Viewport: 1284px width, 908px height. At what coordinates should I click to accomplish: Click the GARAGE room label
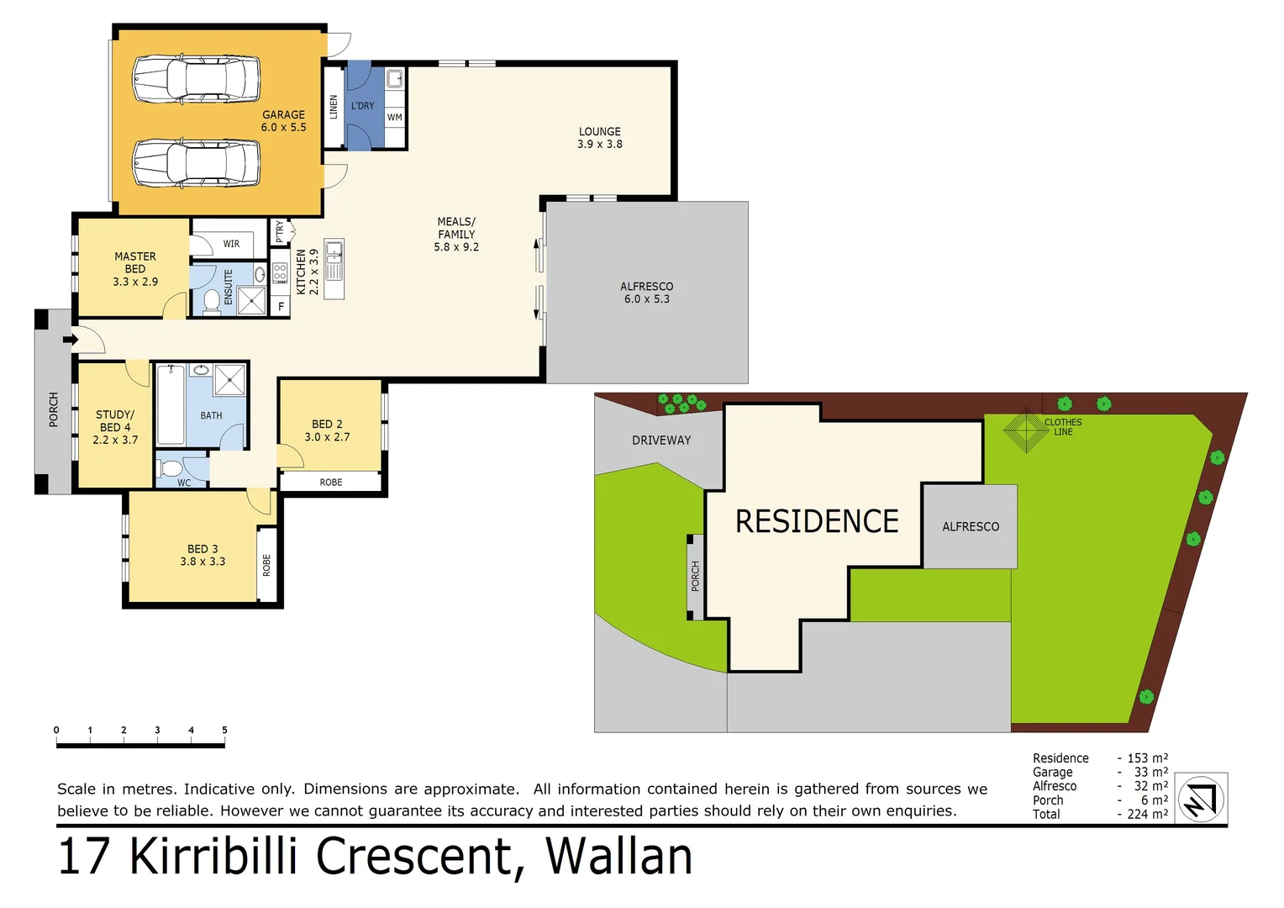click(x=283, y=121)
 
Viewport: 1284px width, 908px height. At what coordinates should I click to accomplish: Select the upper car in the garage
click(x=197, y=80)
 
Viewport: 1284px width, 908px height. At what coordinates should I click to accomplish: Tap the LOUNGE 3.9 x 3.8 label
click(x=599, y=138)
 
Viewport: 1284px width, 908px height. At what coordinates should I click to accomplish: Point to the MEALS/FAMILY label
click(x=456, y=235)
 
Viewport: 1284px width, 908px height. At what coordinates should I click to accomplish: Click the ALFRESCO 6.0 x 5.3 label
click(x=646, y=293)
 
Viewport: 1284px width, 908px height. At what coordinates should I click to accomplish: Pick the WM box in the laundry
click(x=395, y=118)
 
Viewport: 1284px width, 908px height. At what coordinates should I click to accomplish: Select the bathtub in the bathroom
click(x=171, y=404)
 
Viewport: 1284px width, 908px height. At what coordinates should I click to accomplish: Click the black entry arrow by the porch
click(x=71, y=340)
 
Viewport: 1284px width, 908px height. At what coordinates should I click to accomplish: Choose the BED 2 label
click(x=327, y=430)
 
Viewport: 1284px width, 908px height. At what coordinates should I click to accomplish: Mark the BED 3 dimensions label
click(x=203, y=562)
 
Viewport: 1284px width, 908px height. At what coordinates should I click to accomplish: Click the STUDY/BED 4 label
click(x=115, y=427)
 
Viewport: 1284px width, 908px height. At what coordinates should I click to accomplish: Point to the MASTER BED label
click(x=135, y=269)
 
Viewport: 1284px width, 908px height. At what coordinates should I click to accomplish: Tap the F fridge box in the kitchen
click(x=281, y=307)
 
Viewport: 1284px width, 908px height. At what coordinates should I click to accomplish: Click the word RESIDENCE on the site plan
click(x=817, y=521)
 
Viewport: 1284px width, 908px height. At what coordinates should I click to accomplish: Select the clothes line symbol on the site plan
click(x=1025, y=430)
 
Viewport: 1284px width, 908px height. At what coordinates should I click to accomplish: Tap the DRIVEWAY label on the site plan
click(x=661, y=441)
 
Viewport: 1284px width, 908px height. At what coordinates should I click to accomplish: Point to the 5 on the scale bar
click(x=224, y=730)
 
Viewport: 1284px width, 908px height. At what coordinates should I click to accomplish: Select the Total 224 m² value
click(x=1147, y=814)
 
